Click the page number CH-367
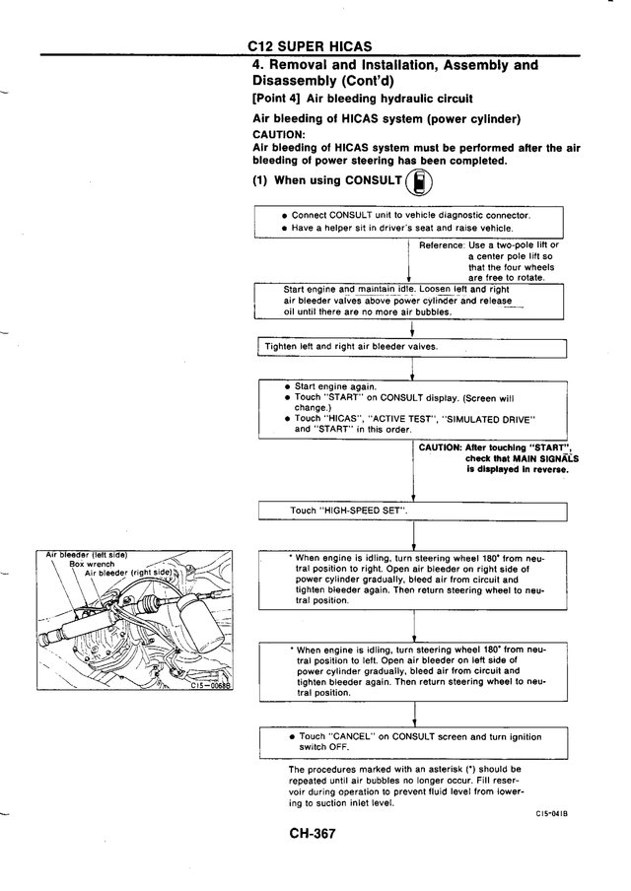(313, 834)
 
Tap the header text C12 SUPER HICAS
(310, 46)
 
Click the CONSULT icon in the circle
(420, 183)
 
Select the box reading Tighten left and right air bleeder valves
(413, 348)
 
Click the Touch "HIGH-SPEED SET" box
(413, 511)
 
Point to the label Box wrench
(92, 564)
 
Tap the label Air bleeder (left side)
(87, 555)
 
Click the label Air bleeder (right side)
(128, 573)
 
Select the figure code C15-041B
(552, 814)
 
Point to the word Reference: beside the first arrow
(442, 245)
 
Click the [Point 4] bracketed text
(276, 99)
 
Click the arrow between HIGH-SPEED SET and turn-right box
(413, 535)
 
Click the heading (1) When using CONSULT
(327, 180)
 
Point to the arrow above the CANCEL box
(414, 715)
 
